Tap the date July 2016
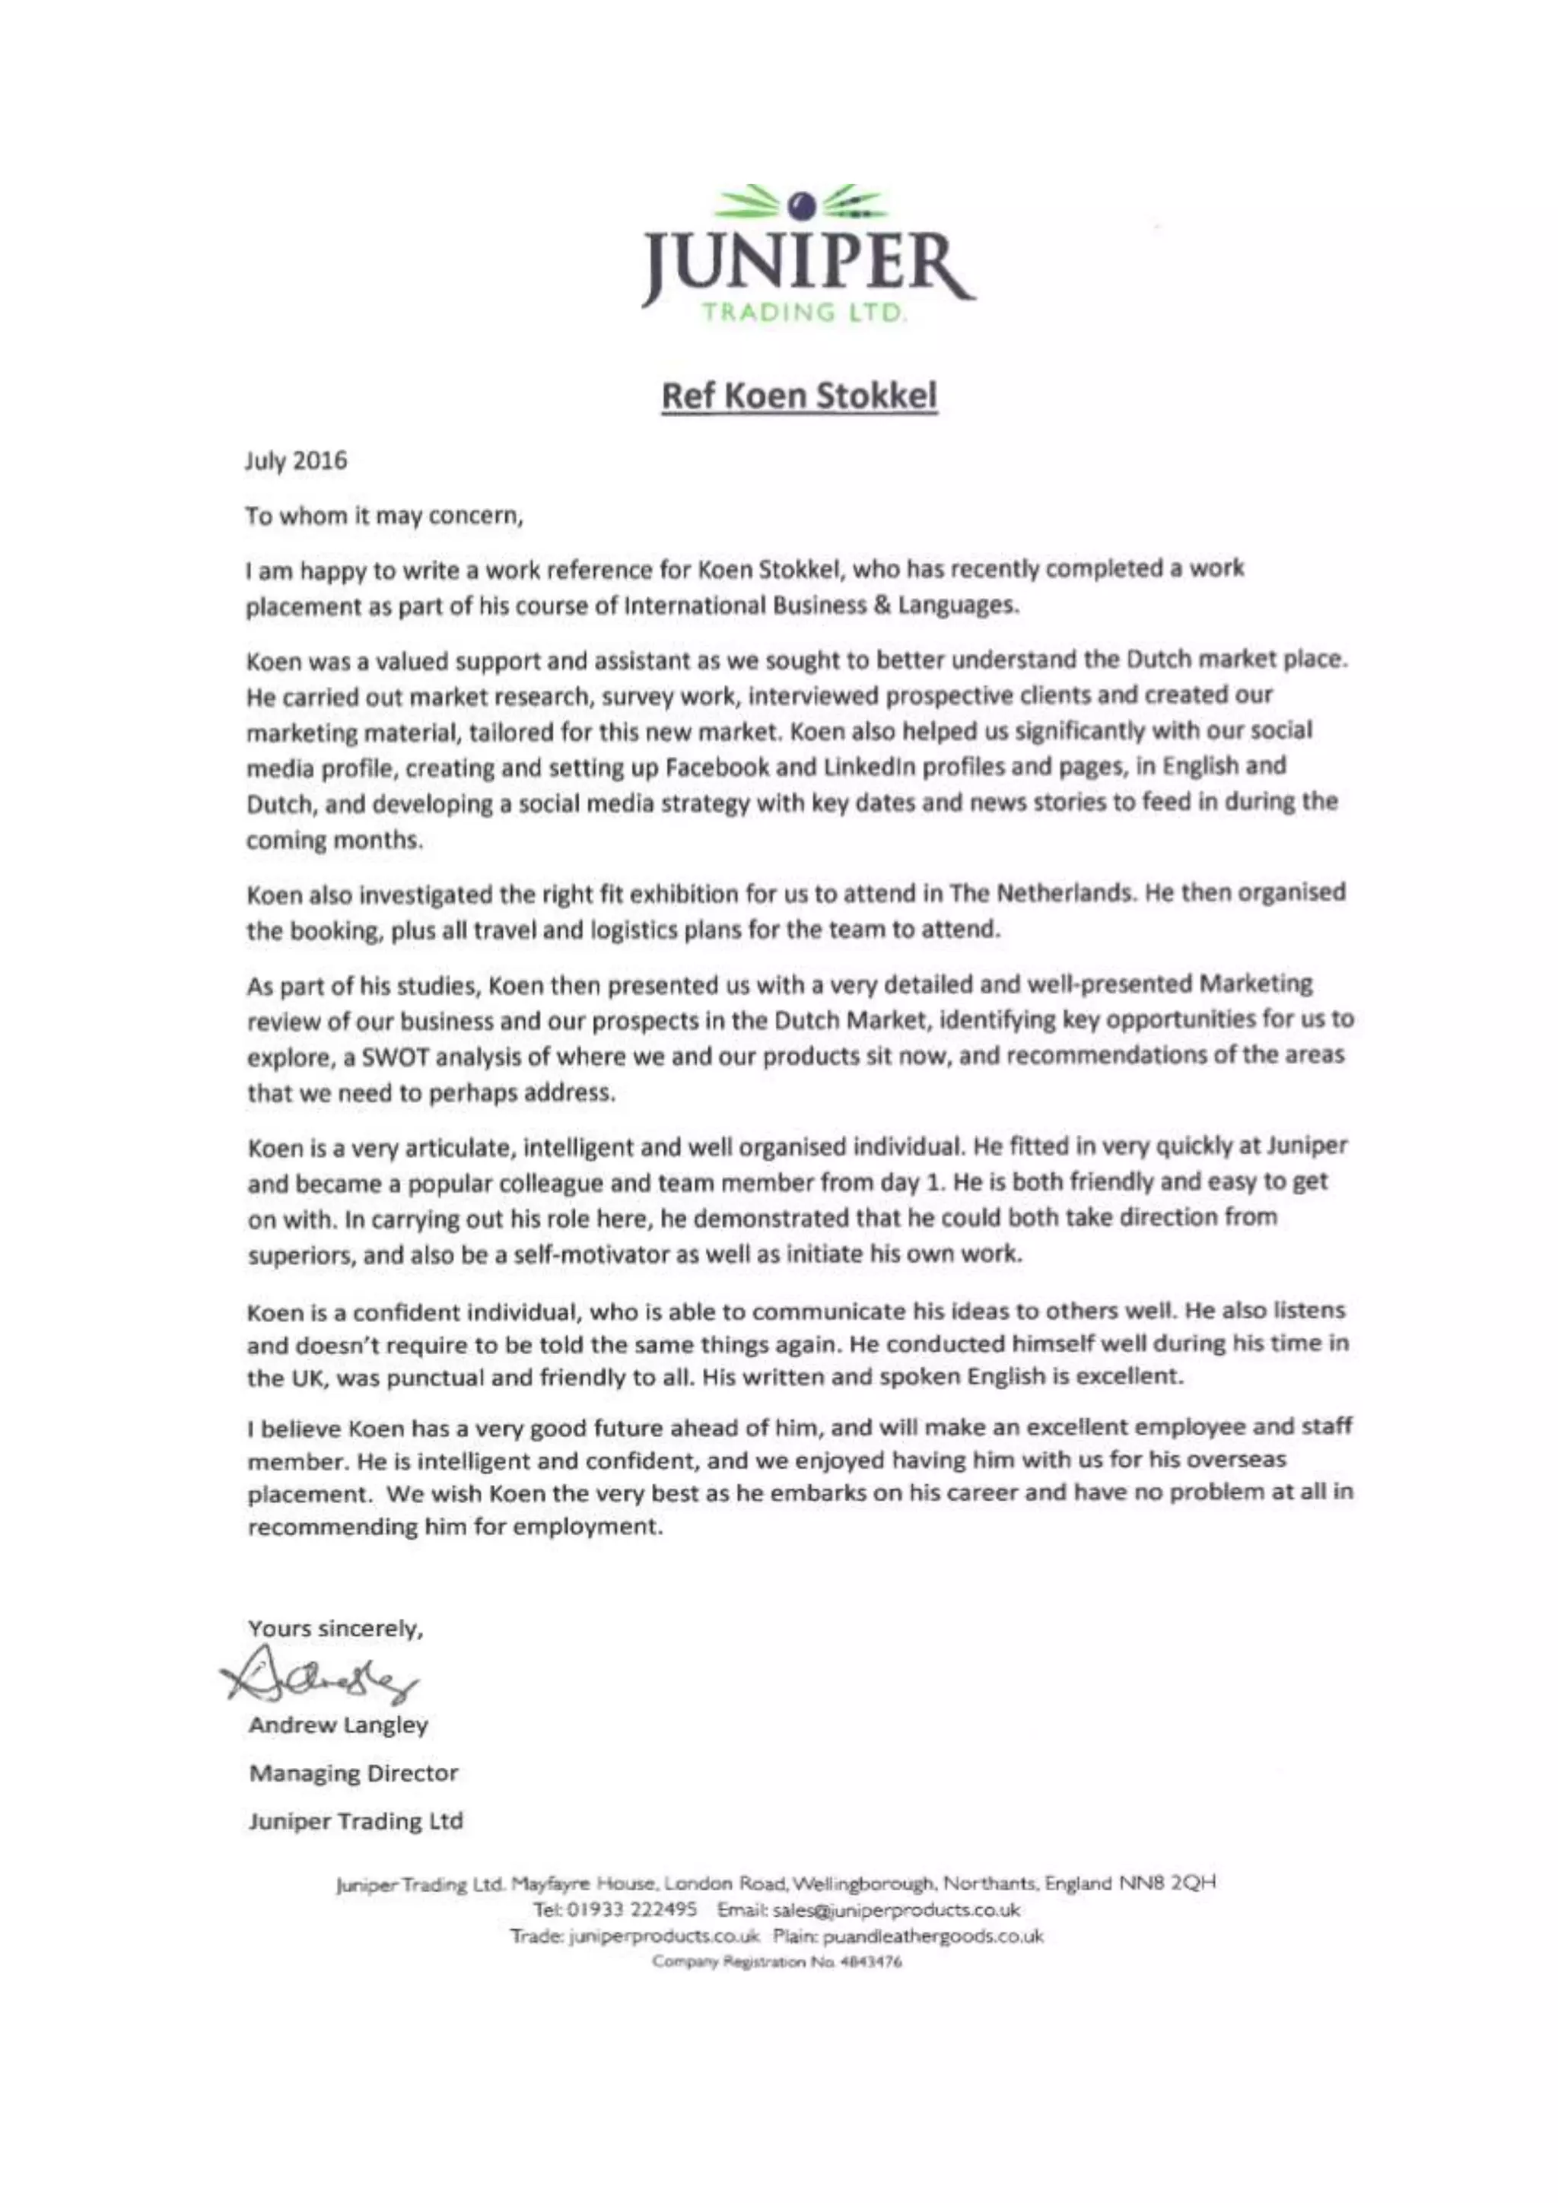[x=295, y=460]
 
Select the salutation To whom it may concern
[x=383, y=517]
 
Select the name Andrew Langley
[x=338, y=1725]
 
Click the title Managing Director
[x=353, y=1772]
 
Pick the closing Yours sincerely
[x=335, y=1628]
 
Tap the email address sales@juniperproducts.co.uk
[x=896, y=1909]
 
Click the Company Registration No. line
[x=777, y=1962]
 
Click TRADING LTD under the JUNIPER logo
[x=804, y=312]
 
